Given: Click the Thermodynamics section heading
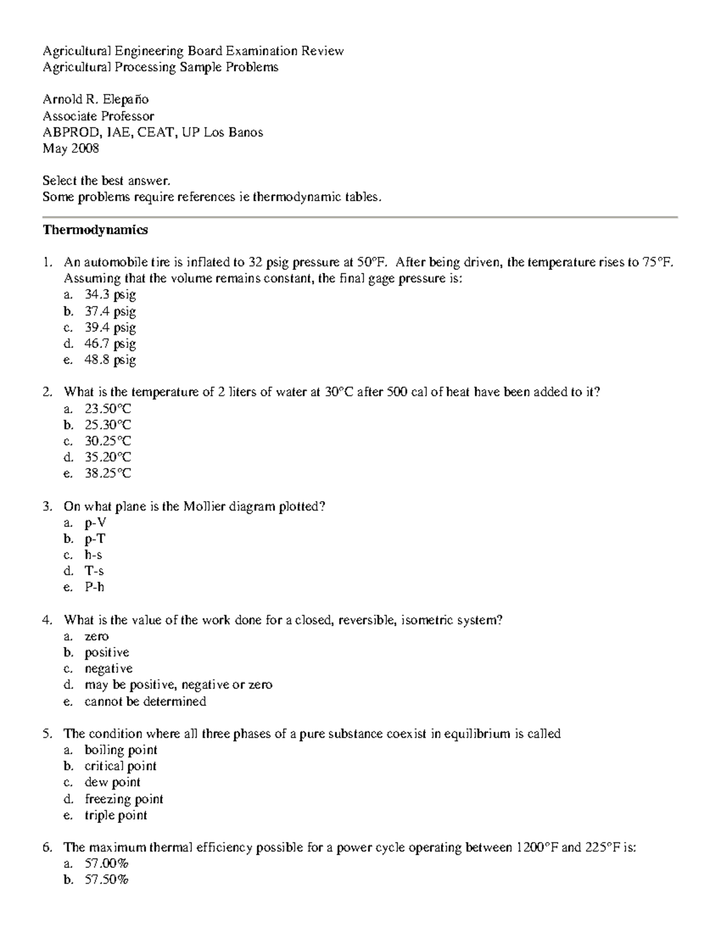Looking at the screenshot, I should pos(95,230).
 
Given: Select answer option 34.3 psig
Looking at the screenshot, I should pos(110,295).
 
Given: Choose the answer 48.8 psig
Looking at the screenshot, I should pos(110,360).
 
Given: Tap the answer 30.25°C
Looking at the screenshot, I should pos(108,441).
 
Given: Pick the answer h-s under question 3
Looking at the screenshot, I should pos(93,555).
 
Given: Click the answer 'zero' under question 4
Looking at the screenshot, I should pos(96,636).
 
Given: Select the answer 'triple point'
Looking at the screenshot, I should pos(115,815).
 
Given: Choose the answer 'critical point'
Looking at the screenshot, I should pos(120,766).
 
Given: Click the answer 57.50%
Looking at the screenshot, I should pos(106,880).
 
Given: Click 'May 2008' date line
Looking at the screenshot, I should pos(70,148).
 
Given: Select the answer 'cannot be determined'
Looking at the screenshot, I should pos(145,702).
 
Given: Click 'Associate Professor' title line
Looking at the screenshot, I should pos(98,116).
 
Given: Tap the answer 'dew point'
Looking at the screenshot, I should pos(112,782).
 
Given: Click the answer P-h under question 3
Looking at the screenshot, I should pos(94,587).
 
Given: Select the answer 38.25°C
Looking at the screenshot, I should pos(108,473).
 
